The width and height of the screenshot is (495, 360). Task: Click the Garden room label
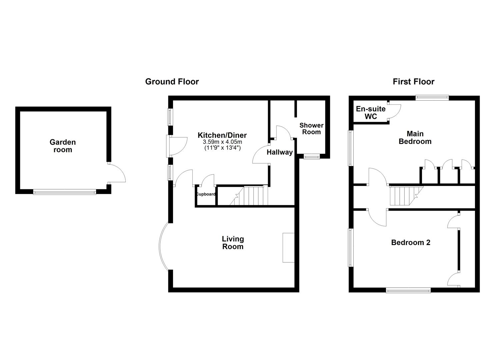[63, 146]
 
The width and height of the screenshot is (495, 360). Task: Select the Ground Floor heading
[172, 82]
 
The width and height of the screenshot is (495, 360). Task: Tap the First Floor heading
[413, 82]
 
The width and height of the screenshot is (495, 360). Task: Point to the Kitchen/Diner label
[222, 135]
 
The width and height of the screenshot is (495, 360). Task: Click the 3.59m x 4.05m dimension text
[222, 142]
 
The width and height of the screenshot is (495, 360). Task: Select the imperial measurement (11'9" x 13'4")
[222, 147]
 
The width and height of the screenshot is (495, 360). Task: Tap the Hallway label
[279, 152]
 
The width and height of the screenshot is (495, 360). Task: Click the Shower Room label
[311, 129]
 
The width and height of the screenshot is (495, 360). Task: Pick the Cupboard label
[206, 194]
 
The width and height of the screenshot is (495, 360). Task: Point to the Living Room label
[233, 243]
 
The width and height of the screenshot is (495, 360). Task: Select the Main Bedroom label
[415, 137]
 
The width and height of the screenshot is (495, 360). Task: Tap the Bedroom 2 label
[411, 242]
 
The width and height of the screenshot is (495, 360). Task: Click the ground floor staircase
[250, 196]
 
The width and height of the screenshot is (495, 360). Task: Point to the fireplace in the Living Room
[288, 248]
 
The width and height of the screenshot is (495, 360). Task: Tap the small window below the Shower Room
[312, 157]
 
